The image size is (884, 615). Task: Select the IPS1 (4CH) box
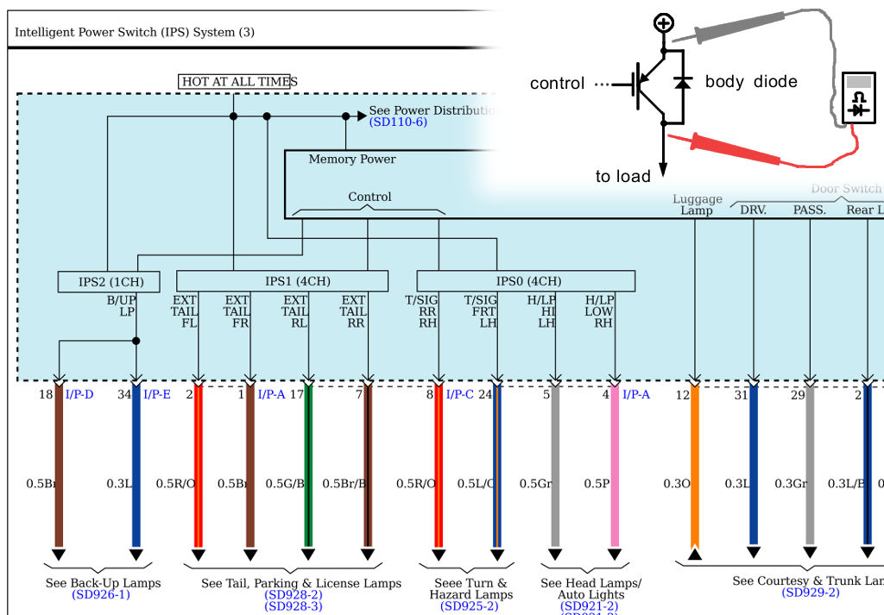click(x=282, y=281)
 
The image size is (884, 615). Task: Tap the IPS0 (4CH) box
click(x=526, y=281)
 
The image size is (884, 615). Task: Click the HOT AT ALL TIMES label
click(x=235, y=82)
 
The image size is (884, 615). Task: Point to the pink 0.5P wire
click(x=615, y=466)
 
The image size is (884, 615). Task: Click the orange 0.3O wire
click(x=694, y=466)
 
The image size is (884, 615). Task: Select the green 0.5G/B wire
click(x=307, y=466)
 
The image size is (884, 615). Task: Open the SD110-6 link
click(x=398, y=122)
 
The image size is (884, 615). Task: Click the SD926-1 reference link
click(x=101, y=595)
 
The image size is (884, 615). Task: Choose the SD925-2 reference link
click(x=470, y=606)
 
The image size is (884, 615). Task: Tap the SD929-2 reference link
click(x=811, y=593)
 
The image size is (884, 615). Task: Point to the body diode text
click(x=751, y=82)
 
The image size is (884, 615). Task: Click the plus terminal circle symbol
click(x=663, y=23)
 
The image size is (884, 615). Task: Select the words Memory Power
click(x=352, y=160)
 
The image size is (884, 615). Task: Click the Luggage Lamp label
click(x=697, y=205)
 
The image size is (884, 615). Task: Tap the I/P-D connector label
click(x=79, y=394)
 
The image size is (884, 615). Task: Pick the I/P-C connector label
click(x=460, y=394)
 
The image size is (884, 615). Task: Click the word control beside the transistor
click(x=557, y=84)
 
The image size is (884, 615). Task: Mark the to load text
click(x=622, y=177)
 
